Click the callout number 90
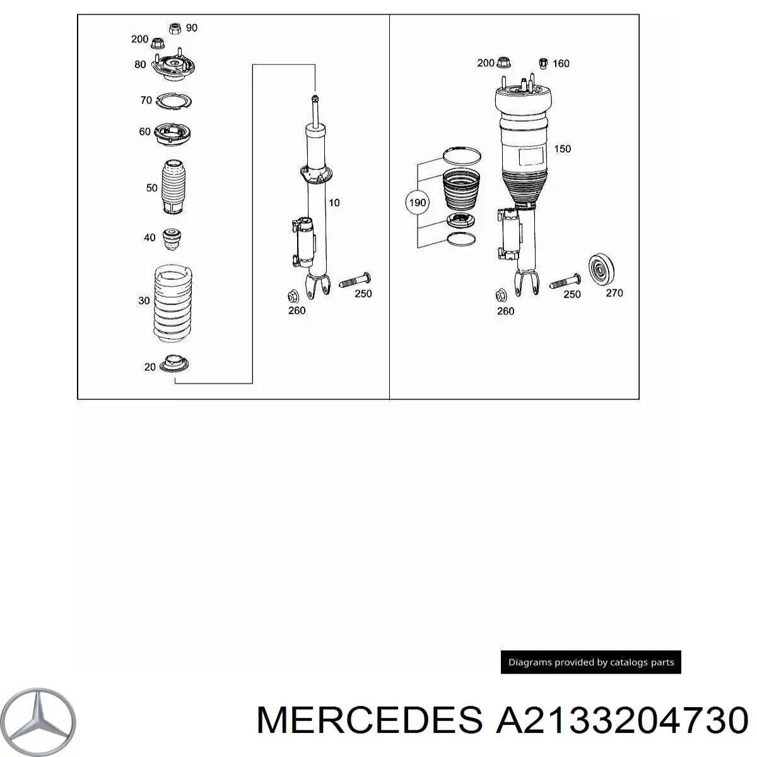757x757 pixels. pyautogui.click(x=192, y=28)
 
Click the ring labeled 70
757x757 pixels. pyautogui.click(x=173, y=101)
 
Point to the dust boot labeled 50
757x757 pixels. pyautogui.click(x=173, y=187)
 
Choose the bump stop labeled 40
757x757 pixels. pyautogui.click(x=171, y=238)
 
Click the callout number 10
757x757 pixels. pyautogui.click(x=334, y=203)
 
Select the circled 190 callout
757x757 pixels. pyautogui.click(x=418, y=203)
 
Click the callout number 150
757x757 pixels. pyautogui.click(x=562, y=149)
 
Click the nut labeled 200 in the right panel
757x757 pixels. pyautogui.click(x=503, y=63)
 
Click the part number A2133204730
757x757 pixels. pyautogui.click(x=622, y=720)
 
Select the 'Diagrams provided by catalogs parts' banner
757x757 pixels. pyautogui.click(x=591, y=662)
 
